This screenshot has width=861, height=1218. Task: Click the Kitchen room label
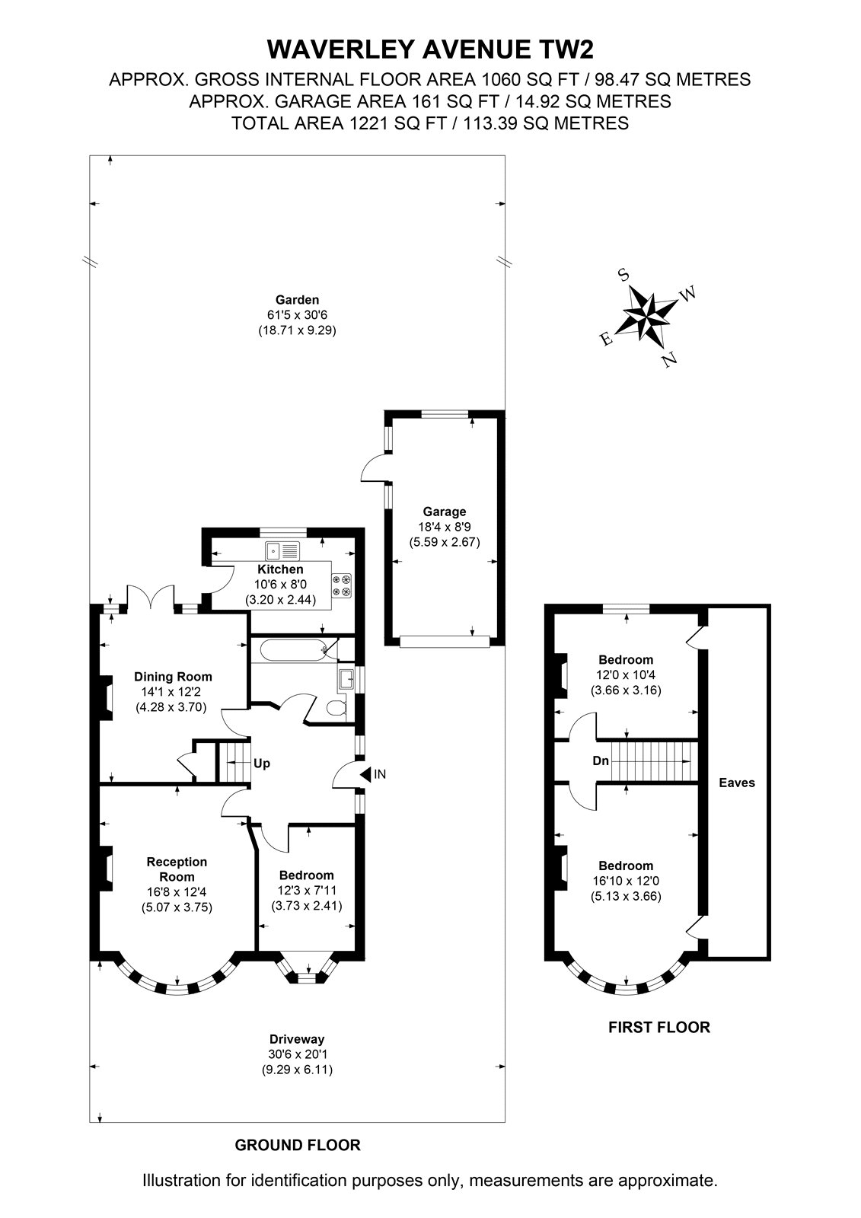point(280,569)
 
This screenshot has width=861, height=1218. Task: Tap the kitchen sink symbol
point(282,551)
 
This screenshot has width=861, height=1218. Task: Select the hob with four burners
point(342,585)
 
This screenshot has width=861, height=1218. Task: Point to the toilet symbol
point(336,708)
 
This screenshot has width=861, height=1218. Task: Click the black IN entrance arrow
point(365,773)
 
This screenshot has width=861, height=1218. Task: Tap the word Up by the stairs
point(262,764)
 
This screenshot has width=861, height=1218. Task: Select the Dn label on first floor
point(601,760)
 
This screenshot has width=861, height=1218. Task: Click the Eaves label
point(737,783)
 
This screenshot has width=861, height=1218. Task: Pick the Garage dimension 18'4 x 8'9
point(445,526)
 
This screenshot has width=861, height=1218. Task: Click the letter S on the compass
point(624,275)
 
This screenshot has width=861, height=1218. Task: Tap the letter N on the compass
point(670,359)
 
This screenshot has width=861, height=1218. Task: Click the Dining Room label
point(173,677)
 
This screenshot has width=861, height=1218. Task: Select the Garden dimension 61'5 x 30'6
point(297,315)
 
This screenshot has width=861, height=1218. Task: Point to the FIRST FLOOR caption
point(659,1027)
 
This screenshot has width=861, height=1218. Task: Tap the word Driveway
point(297,1039)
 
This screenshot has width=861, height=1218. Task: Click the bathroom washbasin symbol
point(346,679)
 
